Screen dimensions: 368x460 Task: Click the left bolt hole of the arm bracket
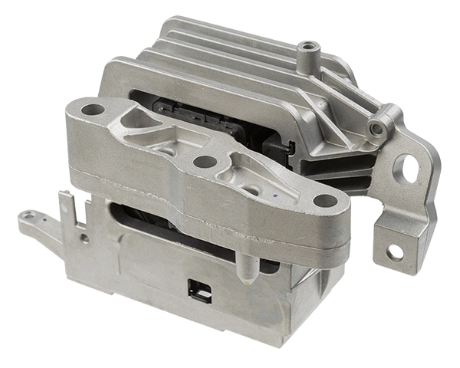click(93, 110)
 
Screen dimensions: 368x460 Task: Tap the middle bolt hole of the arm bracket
click(205, 162)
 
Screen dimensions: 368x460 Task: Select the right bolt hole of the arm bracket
click(326, 202)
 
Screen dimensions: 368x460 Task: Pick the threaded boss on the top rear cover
click(308, 48)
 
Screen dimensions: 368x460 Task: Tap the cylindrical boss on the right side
click(378, 127)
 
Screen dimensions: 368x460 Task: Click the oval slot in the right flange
click(406, 169)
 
